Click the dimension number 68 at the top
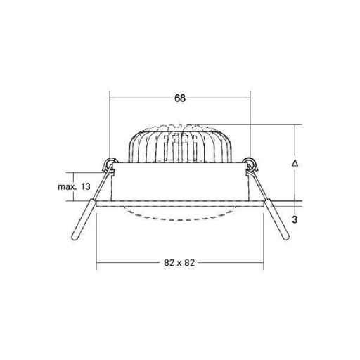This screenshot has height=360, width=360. pos(180,99)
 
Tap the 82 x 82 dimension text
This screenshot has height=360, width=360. pos(180,262)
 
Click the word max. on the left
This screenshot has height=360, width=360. pos(67,187)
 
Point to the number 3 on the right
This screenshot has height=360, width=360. pos(295,220)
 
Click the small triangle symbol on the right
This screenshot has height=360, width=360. pos(295,162)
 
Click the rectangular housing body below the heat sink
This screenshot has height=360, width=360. pos(180,184)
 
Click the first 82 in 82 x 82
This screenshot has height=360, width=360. pos(169,262)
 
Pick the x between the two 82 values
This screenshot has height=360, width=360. pos(180,262)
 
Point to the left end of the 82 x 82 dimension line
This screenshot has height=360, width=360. pos(96,263)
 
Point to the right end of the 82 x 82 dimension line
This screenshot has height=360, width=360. pos(264,263)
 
